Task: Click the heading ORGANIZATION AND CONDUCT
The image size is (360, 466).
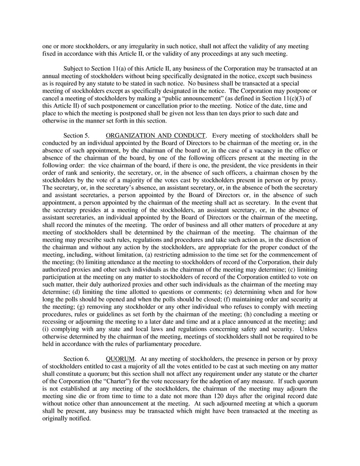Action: tap(156, 135)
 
